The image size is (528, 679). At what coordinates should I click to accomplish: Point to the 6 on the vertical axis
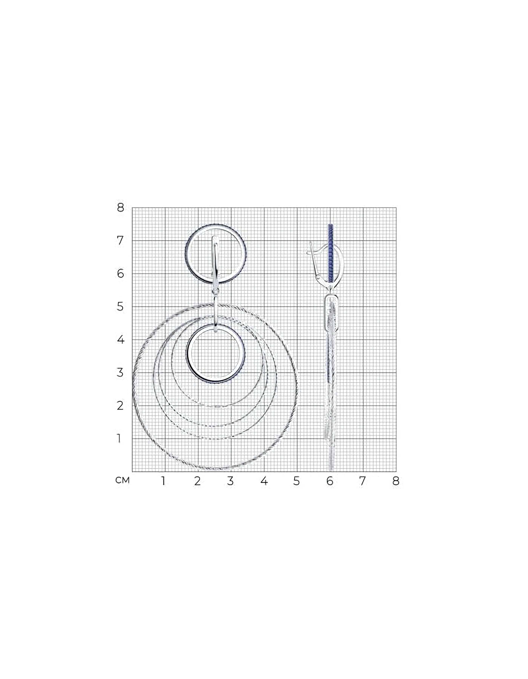(120, 274)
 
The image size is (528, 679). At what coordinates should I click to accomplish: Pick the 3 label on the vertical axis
(120, 373)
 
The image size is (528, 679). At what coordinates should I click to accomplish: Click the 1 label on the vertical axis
(119, 438)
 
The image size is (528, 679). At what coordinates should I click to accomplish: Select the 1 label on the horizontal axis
(163, 481)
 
